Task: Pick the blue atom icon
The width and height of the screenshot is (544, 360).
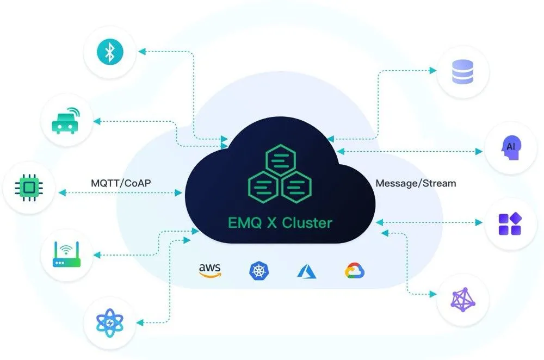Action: pos(110,323)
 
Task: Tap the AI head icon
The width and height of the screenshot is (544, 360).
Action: pos(511,147)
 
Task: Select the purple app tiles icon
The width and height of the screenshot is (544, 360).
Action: pos(510,224)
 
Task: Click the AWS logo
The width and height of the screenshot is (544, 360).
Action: pos(209,270)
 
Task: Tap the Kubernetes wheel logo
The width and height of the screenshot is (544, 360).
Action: pos(258,271)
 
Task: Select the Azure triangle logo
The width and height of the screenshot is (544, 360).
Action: pos(307,271)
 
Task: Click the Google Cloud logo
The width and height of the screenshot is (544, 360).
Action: pos(355,270)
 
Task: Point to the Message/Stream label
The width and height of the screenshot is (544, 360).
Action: pos(416,183)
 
